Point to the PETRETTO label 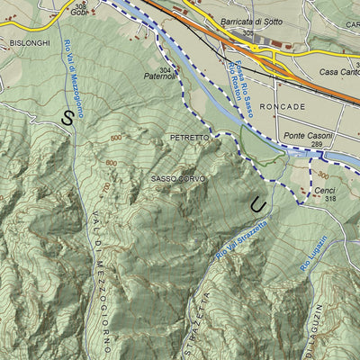tap(189, 137)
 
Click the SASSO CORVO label tap(177, 179)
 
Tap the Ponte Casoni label tap(306, 135)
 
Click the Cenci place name tap(324, 191)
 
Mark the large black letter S tap(67, 116)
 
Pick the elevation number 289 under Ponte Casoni tap(314, 144)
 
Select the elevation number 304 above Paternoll tap(165, 68)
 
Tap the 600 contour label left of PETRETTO tap(116, 137)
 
